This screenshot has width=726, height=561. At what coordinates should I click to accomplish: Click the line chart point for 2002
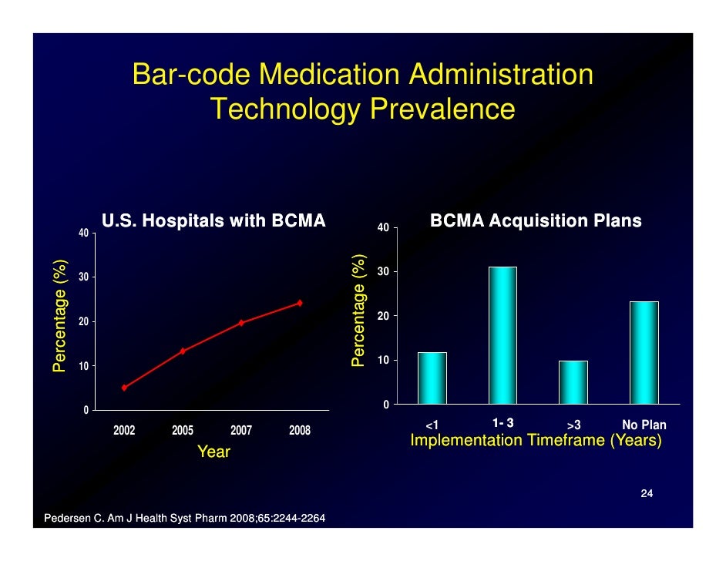point(124,388)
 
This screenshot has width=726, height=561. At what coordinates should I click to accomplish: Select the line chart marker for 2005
point(183,351)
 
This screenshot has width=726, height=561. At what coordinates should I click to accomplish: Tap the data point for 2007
point(241,323)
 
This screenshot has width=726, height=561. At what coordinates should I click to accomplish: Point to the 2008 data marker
point(300,303)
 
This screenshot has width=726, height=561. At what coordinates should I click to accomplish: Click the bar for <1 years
point(432,378)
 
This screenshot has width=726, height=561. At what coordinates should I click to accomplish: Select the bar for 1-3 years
point(502,335)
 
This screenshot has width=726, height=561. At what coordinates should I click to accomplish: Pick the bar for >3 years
point(573,382)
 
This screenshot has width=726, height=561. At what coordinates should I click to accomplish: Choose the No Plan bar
point(644,353)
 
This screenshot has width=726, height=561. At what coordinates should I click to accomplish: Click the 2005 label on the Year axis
point(183,431)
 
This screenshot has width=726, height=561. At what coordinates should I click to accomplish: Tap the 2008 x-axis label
point(300,431)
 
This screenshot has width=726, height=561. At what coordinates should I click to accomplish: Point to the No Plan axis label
point(644,425)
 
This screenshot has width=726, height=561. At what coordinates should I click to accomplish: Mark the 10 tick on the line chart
point(83,365)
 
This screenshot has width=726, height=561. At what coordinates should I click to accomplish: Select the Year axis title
point(213,452)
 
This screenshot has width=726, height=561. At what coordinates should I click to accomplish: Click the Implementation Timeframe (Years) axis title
point(536,442)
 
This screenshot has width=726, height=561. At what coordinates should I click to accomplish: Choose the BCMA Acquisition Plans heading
point(536,222)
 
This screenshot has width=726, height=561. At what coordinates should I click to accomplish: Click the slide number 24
point(647,493)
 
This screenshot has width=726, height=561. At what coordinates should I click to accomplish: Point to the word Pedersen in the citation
point(68,517)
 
